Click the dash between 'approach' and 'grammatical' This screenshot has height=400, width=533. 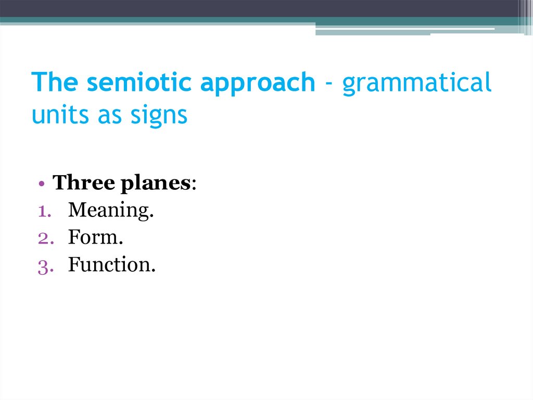click(x=328, y=84)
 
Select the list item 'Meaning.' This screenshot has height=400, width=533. click(x=111, y=211)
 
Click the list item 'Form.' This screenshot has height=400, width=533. click(x=95, y=238)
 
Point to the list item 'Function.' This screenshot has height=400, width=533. click(x=112, y=265)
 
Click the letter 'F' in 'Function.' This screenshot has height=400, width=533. click(x=73, y=265)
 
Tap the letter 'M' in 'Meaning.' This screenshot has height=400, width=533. click(x=76, y=210)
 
